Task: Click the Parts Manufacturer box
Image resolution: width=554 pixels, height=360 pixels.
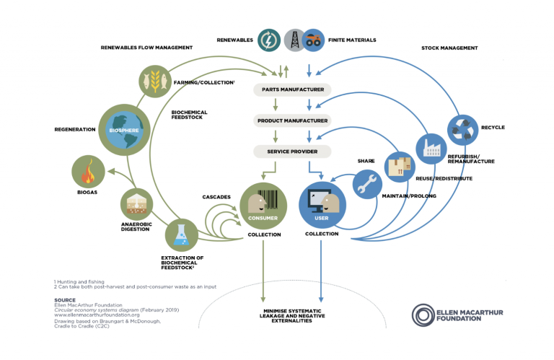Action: [x=292, y=90]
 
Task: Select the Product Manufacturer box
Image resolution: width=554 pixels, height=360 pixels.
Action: [x=292, y=120]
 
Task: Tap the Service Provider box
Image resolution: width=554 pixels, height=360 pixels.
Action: [x=292, y=151]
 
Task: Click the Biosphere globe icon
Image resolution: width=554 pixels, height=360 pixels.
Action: [x=123, y=130]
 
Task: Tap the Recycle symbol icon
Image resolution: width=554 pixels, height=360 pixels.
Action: [x=462, y=130]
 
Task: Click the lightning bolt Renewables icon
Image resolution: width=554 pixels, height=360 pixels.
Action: [x=270, y=40]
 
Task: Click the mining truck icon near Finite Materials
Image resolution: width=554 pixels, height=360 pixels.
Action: [x=313, y=40]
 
